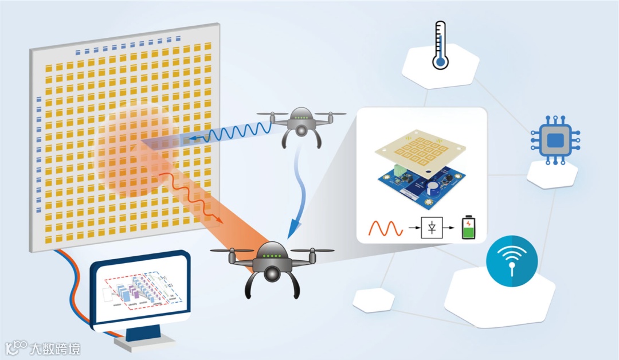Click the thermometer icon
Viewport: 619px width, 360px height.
[x=440, y=45]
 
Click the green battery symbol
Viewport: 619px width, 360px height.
[x=468, y=229]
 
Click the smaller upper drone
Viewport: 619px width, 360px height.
[x=300, y=123]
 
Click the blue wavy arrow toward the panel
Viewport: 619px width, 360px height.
[x=230, y=133]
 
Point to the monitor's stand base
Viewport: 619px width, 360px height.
[x=144, y=342]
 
